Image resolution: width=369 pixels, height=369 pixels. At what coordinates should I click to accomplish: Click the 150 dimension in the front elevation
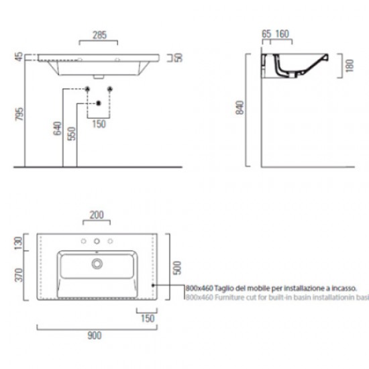point(99,123)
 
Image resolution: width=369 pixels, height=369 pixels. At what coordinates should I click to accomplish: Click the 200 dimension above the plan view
point(97,215)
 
